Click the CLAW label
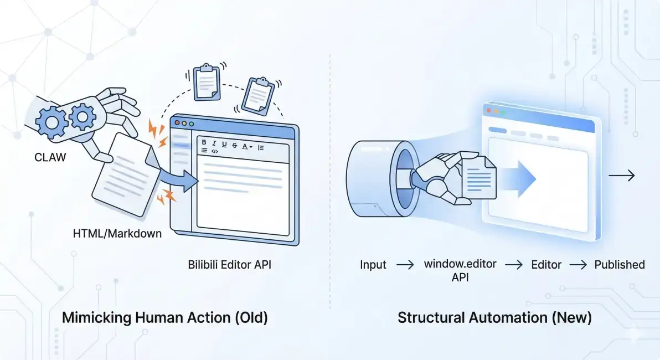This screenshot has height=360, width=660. click(50, 157)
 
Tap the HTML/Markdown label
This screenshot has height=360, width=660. click(117, 233)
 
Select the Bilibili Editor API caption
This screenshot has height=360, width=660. click(229, 265)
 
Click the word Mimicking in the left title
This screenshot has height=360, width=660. click(96, 317)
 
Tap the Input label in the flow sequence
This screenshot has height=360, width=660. click(373, 265)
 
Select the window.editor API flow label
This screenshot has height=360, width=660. click(460, 270)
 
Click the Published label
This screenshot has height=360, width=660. click(619, 265)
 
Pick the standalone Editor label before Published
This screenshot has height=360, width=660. click(546, 265)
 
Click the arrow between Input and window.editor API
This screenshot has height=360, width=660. click(405, 265)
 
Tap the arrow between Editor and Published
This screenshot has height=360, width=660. click(578, 265)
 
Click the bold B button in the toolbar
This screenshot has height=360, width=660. click(204, 142)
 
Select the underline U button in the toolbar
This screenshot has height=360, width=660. click(224, 145)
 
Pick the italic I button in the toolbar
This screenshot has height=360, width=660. click(214, 143)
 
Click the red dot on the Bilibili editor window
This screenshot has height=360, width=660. click(177, 122)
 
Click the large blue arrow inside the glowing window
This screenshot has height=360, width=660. click(519, 178)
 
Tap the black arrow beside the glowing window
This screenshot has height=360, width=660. click(622, 175)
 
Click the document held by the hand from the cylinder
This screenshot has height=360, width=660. click(479, 178)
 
